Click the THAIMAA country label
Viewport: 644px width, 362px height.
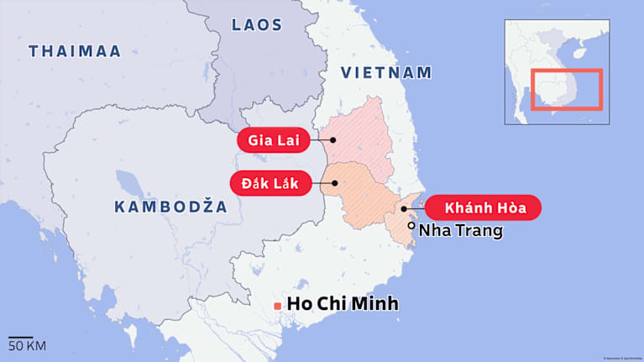pos(75,51)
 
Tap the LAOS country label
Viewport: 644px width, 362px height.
pos(256,24)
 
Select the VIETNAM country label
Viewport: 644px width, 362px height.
pos(386,73)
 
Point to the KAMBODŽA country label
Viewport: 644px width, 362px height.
pos(170,207)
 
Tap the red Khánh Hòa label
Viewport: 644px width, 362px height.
pos(482,207)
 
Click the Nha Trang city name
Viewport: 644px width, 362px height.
pos(460,230)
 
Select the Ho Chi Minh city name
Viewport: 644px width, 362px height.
pos(343,304)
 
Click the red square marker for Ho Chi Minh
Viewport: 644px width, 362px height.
pos(277,306)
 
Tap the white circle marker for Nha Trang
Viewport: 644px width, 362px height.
pos(411,226)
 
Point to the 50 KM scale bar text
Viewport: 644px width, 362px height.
pos(27,345)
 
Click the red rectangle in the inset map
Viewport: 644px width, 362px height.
pos(567,89)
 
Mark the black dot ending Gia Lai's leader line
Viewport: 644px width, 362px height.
pos(333,139)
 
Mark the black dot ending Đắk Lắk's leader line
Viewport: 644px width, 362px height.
pos(334,181)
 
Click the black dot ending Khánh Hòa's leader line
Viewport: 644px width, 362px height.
pos(404,208)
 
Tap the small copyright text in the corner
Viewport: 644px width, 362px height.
pos(615,356)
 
